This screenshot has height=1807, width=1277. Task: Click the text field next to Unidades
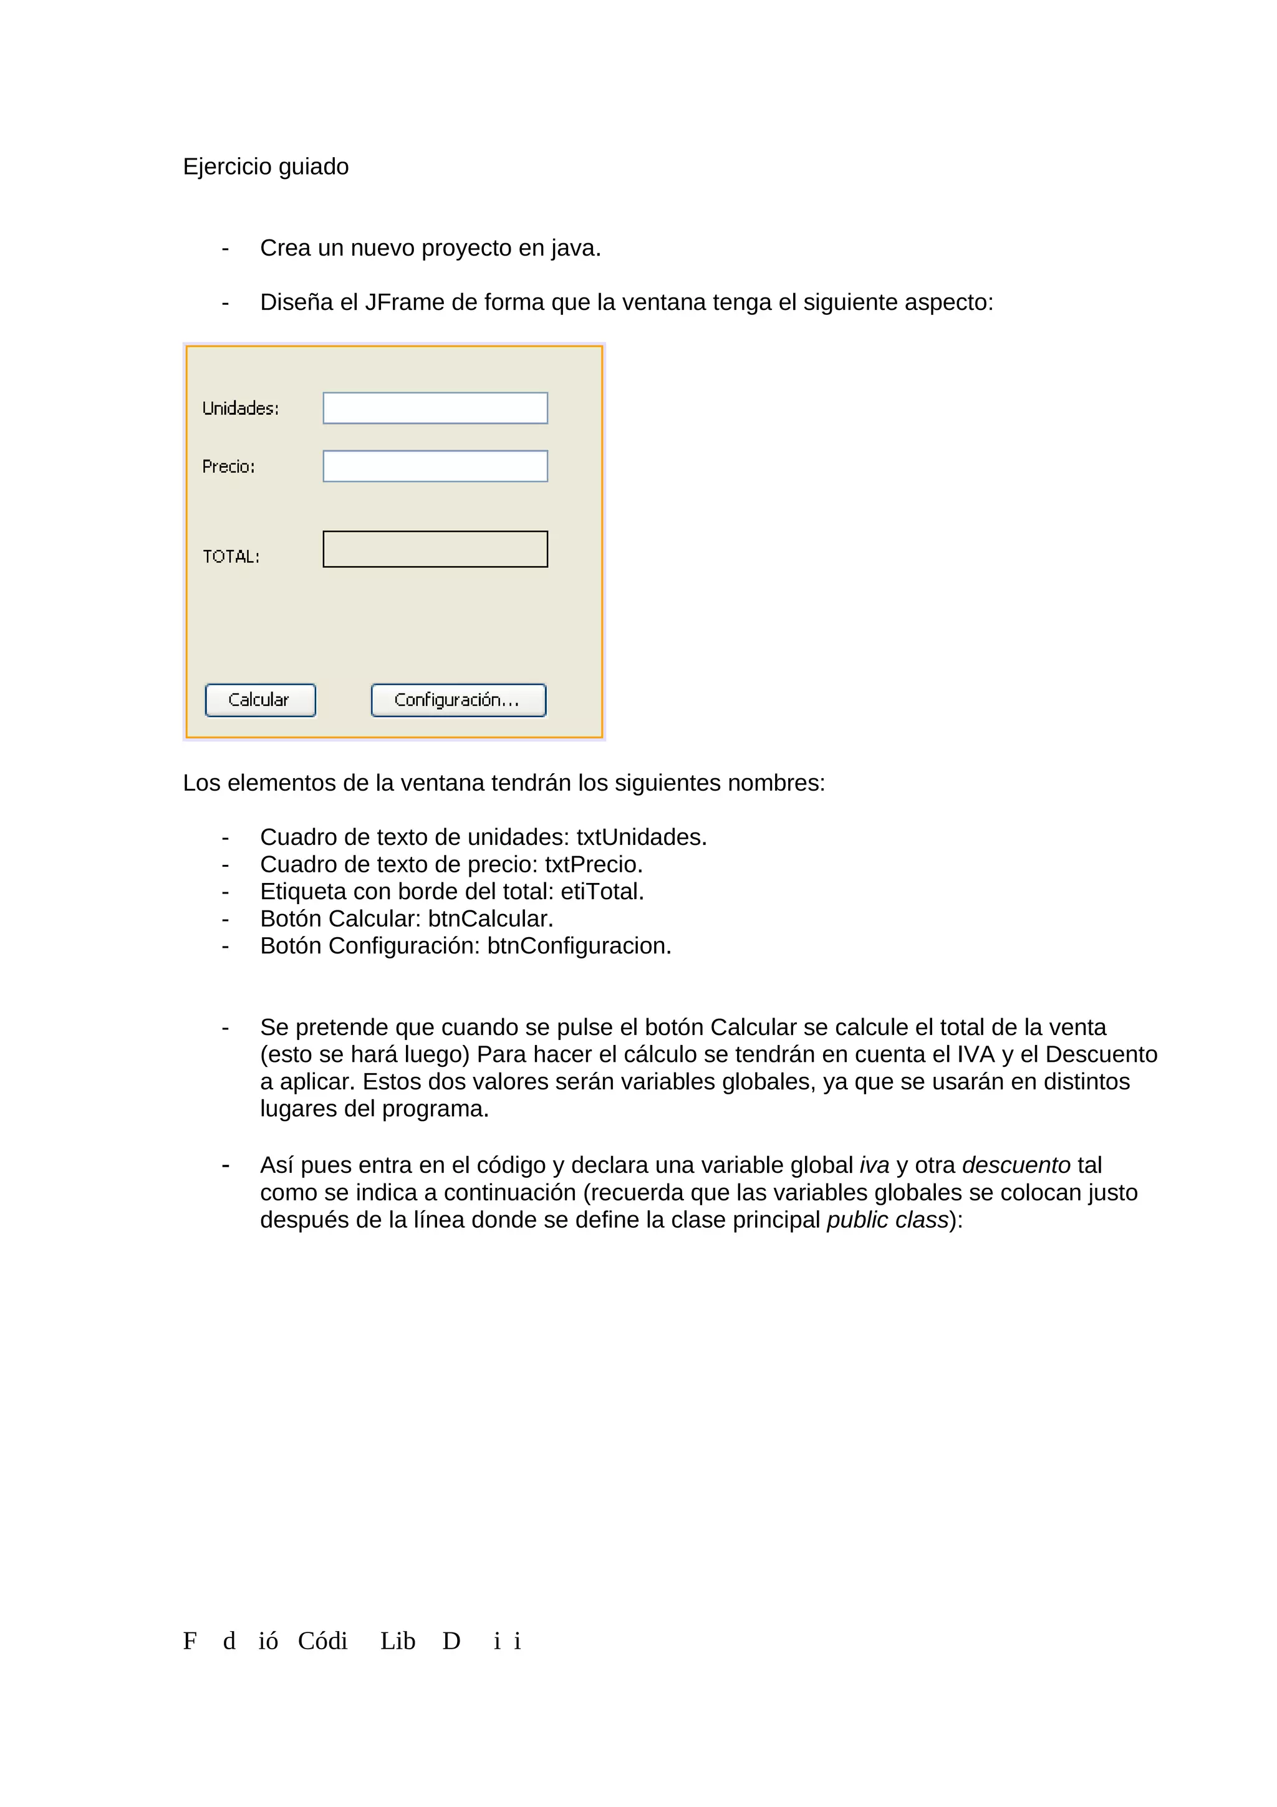point(435,408)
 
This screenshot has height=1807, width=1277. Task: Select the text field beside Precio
point(435,466)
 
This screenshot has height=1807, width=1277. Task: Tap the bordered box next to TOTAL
point(435,549)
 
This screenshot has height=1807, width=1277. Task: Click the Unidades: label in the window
point(240,408)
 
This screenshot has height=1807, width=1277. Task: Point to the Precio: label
point(228,466)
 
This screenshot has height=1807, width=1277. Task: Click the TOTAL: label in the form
point(231,556)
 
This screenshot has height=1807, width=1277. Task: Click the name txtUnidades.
point(641,837)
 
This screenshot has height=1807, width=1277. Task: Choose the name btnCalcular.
point(490,918)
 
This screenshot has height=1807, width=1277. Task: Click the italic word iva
point(874,1165)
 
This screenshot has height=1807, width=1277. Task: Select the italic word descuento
point(1016,1165)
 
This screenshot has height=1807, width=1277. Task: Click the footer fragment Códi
point(322,1641)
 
